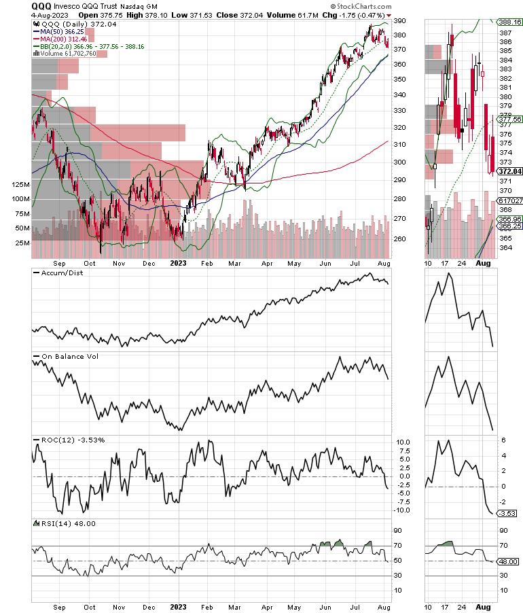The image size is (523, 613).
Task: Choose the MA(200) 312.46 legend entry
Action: pyautogui.click(x=65, y=39)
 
